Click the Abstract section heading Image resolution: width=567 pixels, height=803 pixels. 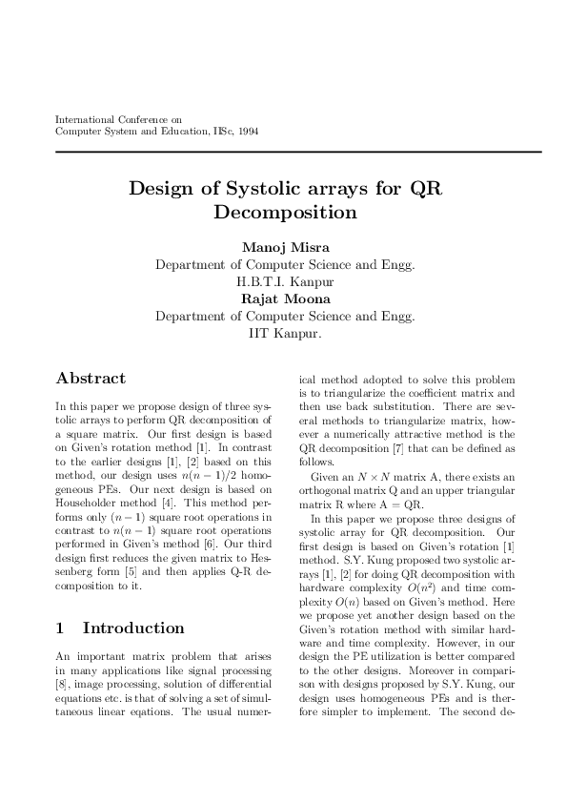(x=91, y=378)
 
